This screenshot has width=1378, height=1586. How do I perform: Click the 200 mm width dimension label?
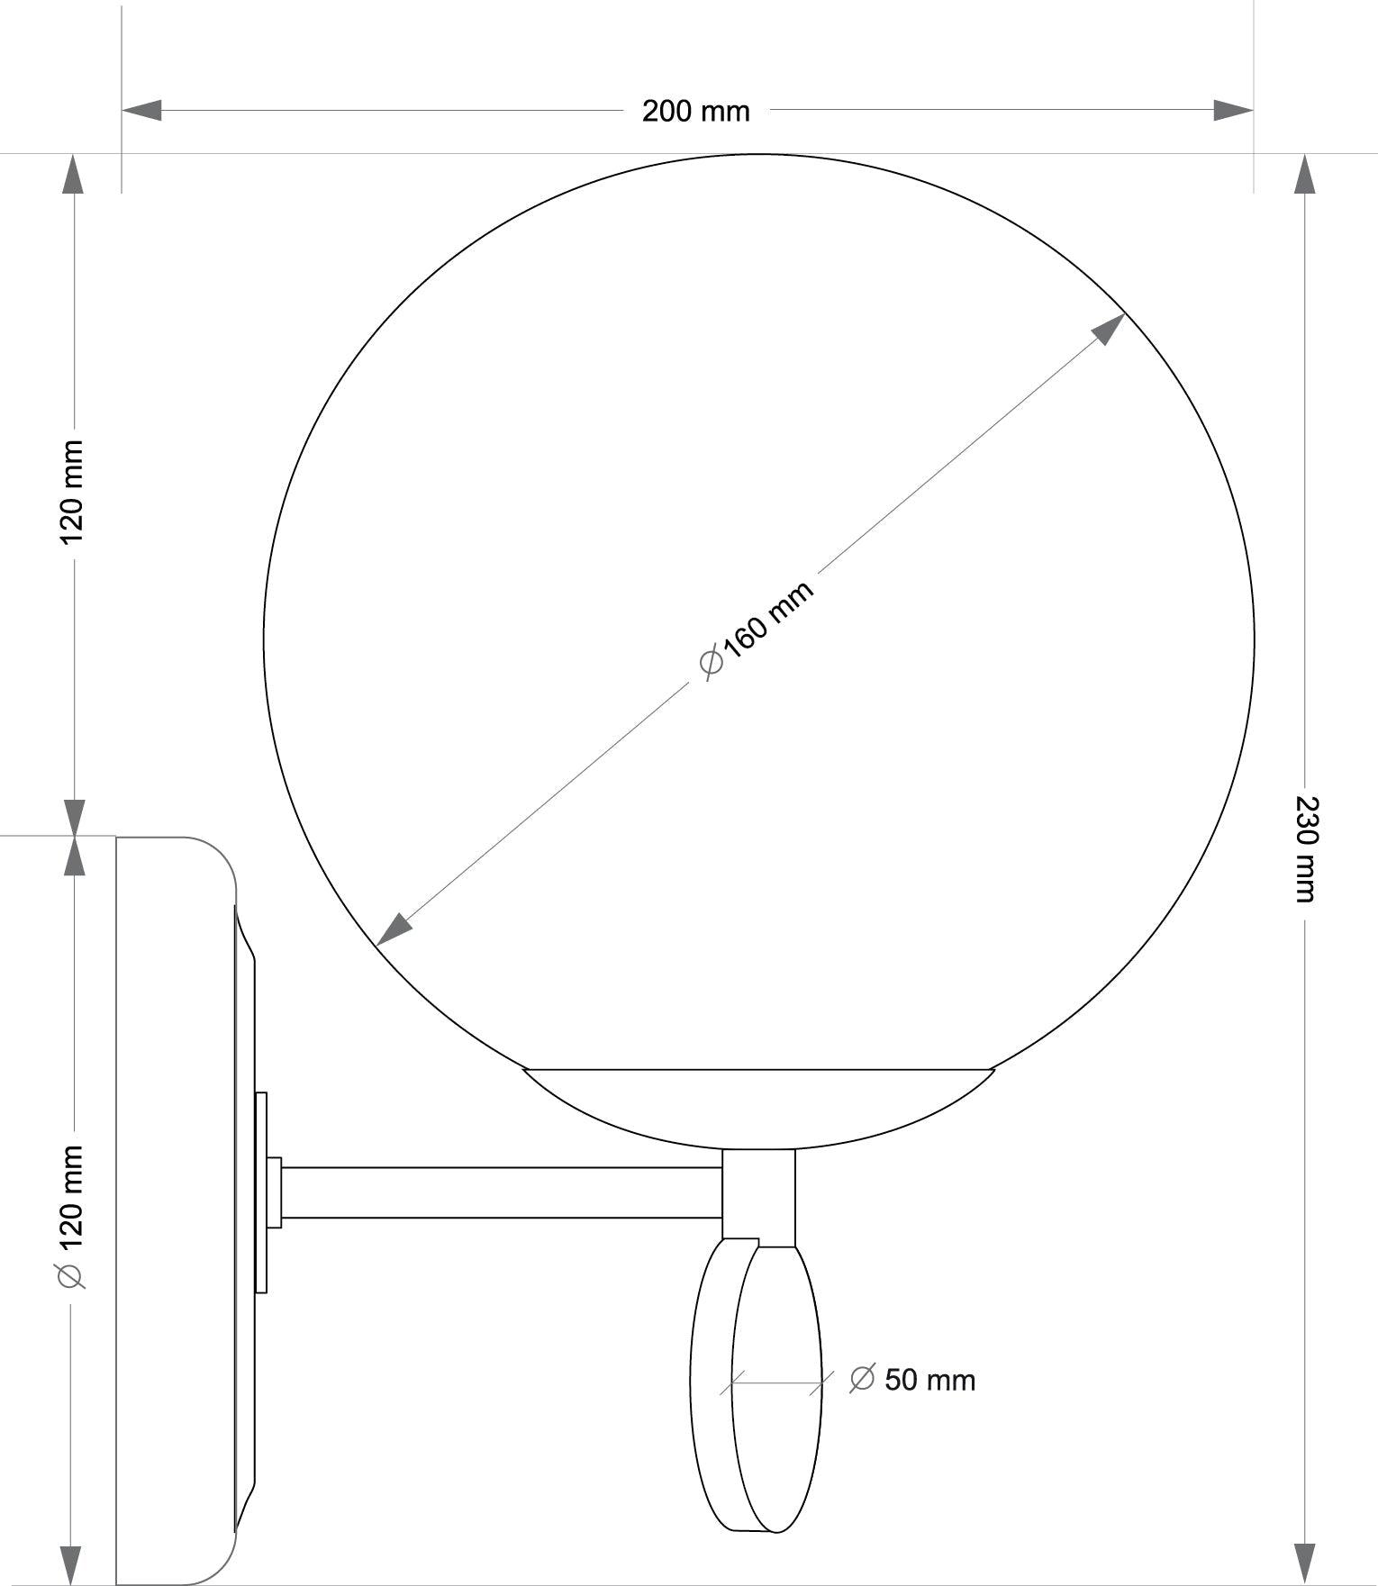pos(695,111)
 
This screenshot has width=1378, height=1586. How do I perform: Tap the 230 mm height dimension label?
pos(1305,848)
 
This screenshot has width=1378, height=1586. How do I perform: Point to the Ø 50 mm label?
pos(912,1380)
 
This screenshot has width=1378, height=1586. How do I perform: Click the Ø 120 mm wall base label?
pos(71,1217)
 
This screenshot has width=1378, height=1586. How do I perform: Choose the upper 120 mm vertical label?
pos(71,492)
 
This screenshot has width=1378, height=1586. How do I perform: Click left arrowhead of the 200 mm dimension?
pos(141,110)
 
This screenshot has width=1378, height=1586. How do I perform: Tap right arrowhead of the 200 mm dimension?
pos(1233,110)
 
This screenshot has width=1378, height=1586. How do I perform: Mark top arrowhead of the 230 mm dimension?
pos(1304,174)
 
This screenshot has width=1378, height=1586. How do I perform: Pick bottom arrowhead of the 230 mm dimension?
pos(1304,1565)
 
